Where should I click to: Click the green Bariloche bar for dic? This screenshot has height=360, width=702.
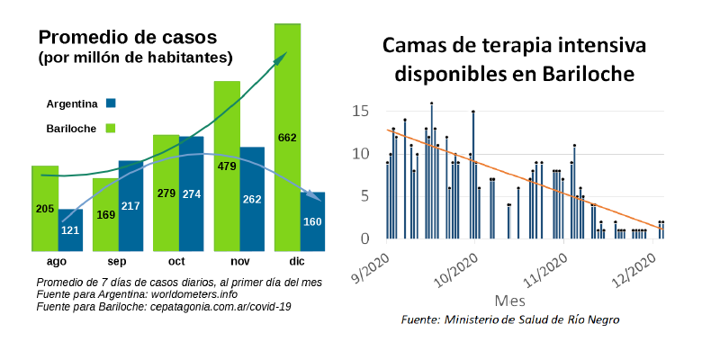click(287, 135)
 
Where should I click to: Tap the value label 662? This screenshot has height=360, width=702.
click(287, 138)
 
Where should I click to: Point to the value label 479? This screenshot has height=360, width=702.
click(226, 166)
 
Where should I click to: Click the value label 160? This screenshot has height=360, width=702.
click(312, 221)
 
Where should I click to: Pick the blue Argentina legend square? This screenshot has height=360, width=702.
click(112, 103)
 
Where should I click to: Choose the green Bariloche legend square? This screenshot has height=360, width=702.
click(112, 129)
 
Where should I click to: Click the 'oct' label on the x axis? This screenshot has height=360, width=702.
click(178, 261)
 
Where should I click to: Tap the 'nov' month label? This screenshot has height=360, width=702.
click(239, 261)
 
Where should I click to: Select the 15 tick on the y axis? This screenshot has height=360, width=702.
click(362, 112)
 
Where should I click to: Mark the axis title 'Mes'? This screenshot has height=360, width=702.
click(510, 299)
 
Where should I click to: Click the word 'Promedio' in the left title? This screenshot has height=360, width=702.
click(76, 38)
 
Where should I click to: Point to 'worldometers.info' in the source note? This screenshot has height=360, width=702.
click(193, 294)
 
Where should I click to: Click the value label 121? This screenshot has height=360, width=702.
click(70, 230)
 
